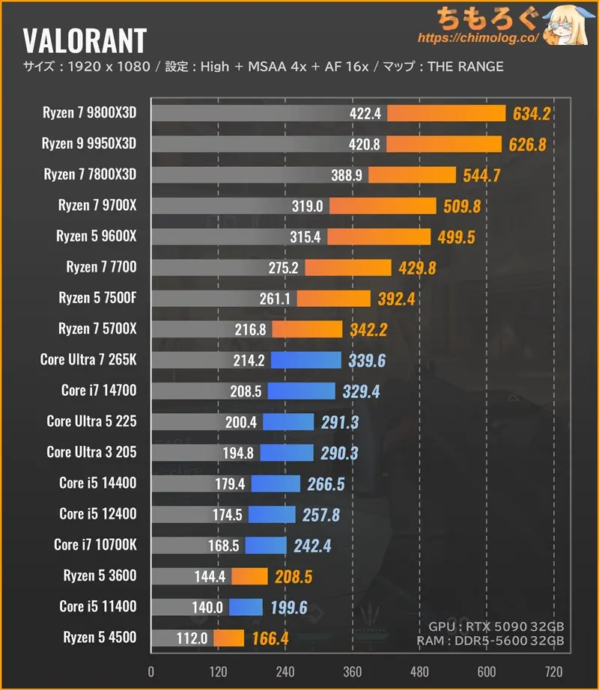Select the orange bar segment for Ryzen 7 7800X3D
(411, 175)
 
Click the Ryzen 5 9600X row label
(96, 236)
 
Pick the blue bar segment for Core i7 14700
(301, 391)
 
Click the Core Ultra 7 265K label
(88, 360)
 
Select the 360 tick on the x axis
(353, 671)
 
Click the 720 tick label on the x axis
(554, 671)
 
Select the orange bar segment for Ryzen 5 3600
(249, 576)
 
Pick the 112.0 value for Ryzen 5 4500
(192, 638)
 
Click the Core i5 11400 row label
(98, 606)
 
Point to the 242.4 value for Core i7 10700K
(312, 546)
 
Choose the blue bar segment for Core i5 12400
(272, 514)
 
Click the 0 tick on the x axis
(151, 671)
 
